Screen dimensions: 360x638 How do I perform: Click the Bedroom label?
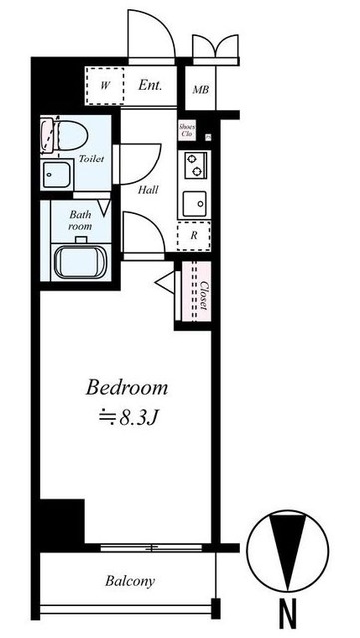pos(127,388)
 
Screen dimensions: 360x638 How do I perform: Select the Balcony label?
pos(130,581)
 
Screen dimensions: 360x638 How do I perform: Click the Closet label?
pos(204,296)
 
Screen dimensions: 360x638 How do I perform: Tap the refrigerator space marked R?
pos(193,236)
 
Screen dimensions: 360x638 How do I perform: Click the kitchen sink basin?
pos(194,204)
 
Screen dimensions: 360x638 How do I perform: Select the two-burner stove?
pos(194,165)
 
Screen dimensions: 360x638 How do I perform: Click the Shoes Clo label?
pos(187,130)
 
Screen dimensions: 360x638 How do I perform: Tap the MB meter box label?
pos(201,89)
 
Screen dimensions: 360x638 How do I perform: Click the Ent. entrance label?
pos(150,85)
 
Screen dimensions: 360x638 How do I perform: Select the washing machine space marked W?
pos(105,86)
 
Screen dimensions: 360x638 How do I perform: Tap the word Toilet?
pos(91,159)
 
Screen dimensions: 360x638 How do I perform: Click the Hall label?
pos(148,189)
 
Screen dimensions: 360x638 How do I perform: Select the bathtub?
pos(81,262)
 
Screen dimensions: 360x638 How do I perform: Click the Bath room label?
pos(80,220)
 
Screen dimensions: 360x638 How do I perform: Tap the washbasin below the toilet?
pos(56,175)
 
